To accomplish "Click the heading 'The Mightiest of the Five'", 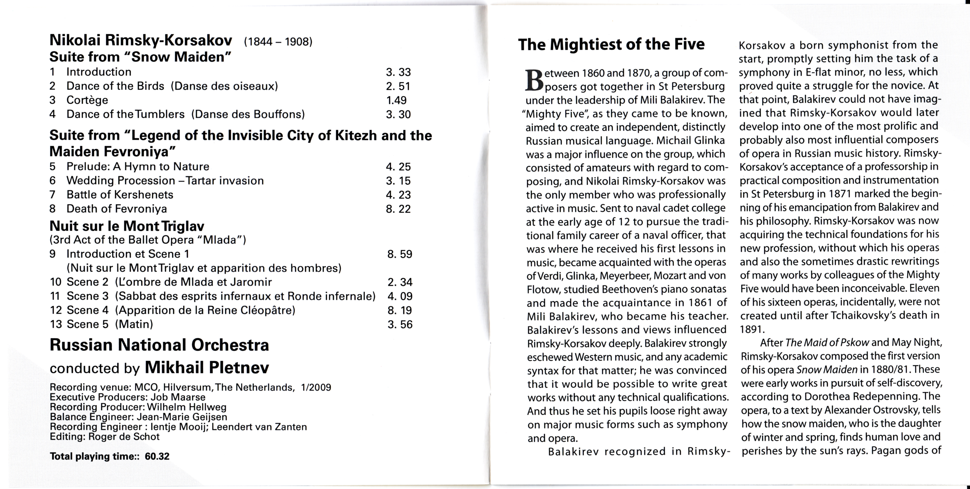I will (x=611, y=44).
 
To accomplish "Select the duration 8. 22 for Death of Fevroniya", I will (x=398, y=209).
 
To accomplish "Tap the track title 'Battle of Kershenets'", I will (x=120, y=195).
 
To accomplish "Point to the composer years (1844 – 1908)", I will (x=278, y=42).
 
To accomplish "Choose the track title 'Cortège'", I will (x=87, y=100).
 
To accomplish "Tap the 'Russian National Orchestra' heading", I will (x=159, y=345).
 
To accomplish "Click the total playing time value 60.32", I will (x=157, y=456).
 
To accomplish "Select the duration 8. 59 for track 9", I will (x=399, y=254).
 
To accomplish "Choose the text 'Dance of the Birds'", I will (x=115, y=86).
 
